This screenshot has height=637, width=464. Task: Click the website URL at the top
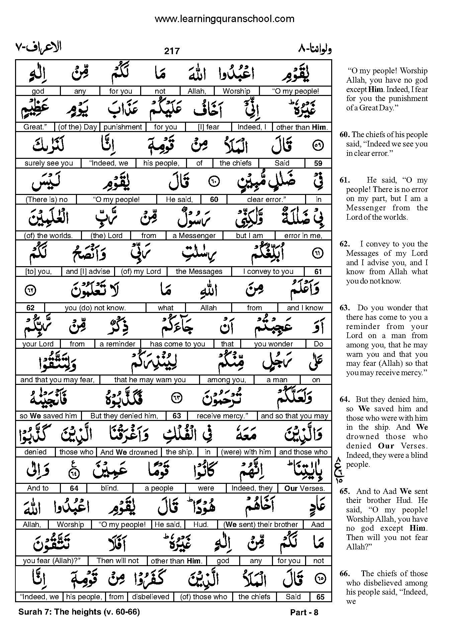(x=224, y=19)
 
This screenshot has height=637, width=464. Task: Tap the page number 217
(x=172, y=51)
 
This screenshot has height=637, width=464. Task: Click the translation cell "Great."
(x=34, y=127)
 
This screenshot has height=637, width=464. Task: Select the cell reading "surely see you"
(x=49, y=163)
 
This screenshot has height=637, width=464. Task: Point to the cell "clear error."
(x=266, y=200)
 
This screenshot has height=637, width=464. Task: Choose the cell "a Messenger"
(x=194, y=236)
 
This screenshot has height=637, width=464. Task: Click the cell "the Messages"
(x=199, y=272)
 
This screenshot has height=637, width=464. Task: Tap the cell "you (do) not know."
(x=95, y=308)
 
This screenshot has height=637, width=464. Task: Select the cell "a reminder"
(x=117, y=344)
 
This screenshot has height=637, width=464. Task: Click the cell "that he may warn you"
(x=150, y=380)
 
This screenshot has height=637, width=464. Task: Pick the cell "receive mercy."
(x=222, y=416)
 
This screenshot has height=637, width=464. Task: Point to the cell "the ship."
(x=180, y=452)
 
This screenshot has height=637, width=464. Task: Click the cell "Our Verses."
(x=304, y=488)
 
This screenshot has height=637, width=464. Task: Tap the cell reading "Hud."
(x=201, y=525)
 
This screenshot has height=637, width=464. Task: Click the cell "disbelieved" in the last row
(x=151, y=597)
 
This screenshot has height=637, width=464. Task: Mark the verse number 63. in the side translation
(x=345, y=308)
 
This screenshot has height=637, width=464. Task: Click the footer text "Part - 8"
(x=304, y=613)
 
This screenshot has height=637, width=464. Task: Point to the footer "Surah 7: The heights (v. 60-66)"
(x=79, y=612)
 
